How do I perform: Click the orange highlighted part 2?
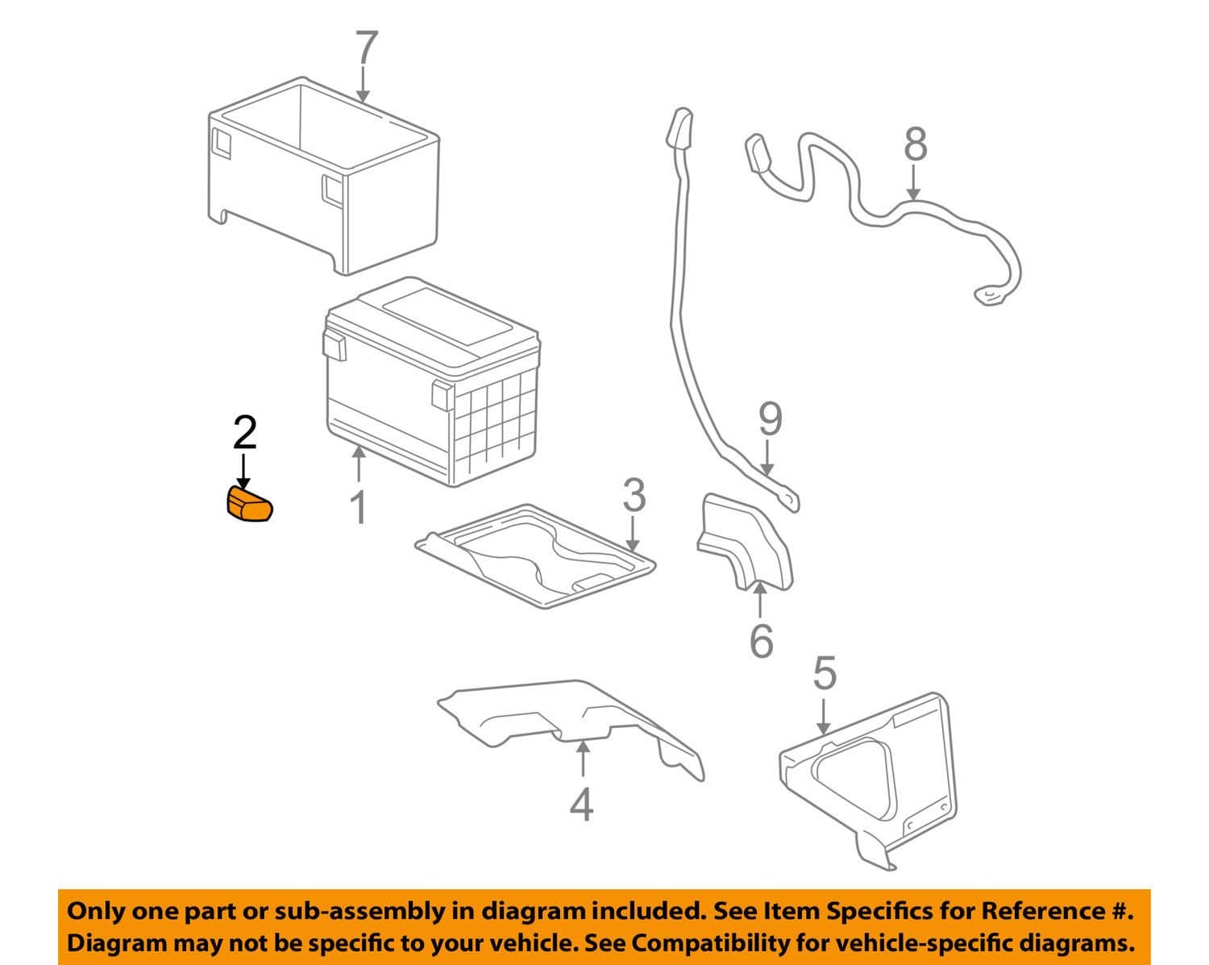point(249,505)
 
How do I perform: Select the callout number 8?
point(915,144)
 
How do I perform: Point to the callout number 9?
point(771,419)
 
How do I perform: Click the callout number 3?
point(634,495)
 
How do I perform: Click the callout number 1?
point(359,508)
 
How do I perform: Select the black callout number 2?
point(245,433)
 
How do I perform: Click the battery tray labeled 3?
point(535,557)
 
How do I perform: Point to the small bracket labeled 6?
point(744,543)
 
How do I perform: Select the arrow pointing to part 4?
point(584,759)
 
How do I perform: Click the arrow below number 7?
point(364,84)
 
